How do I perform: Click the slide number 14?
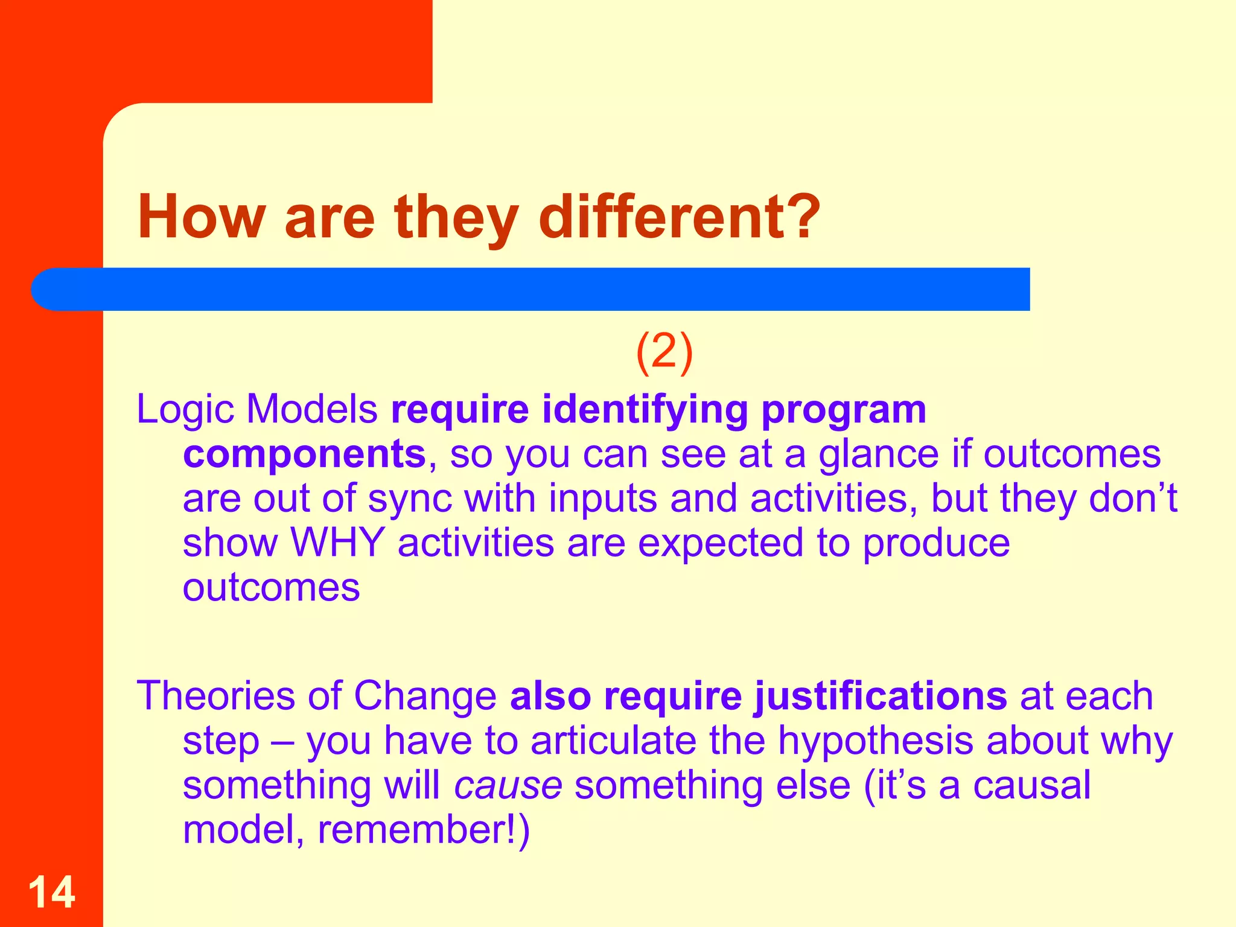(52, 892)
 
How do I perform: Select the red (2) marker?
(664, 353)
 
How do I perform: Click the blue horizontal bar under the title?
(531, 289)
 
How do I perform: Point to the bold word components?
(304, 454)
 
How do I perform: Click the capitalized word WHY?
(338, 543)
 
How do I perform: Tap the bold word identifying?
(645, 410)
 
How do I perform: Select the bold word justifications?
(880, 696)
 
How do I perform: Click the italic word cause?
(508, 786)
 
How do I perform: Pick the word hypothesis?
(875, 741)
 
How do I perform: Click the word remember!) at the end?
(424, 830)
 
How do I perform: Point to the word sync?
(410, 500)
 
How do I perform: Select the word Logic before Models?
(185, 410)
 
